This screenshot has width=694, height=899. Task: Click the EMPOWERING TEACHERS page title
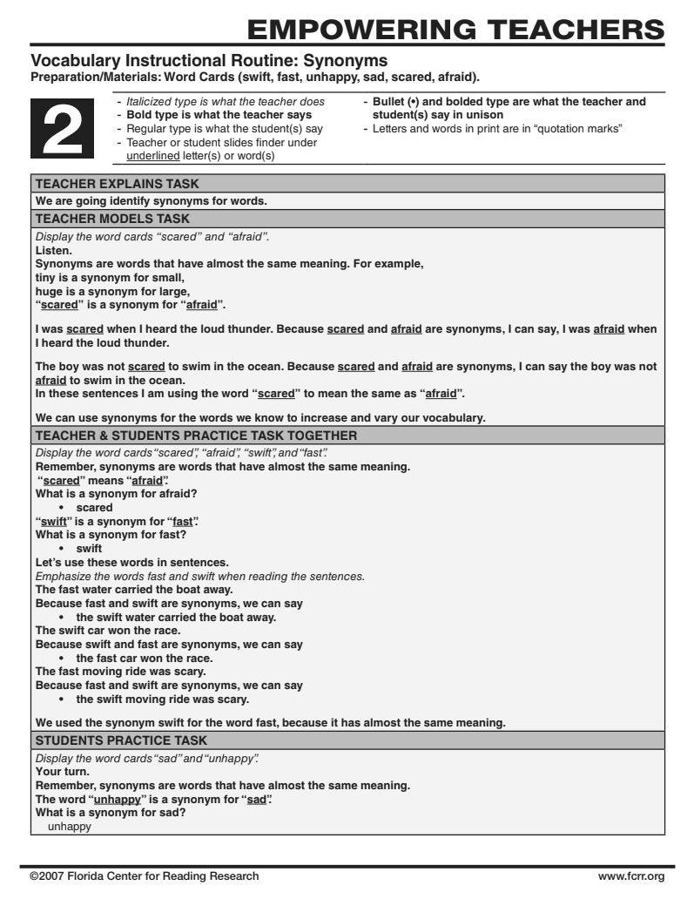pos(455,28)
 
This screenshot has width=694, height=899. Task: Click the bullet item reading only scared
pos(93,507)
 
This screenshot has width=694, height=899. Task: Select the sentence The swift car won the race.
pos(107,631)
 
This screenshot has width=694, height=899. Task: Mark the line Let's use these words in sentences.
pos(131,562)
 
